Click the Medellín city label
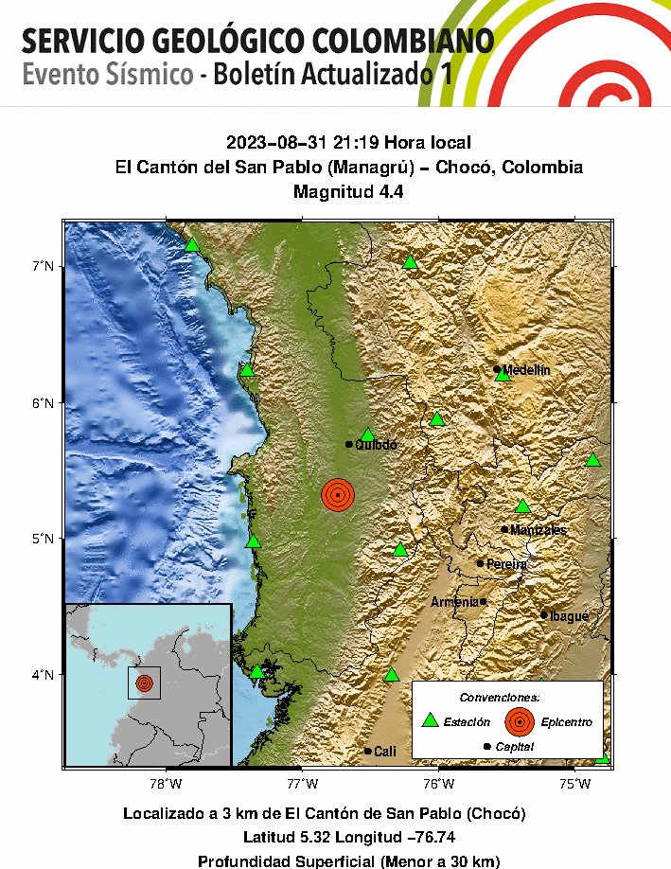click(526, 370)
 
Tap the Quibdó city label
click(376, 445)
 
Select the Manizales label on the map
click(538, 530)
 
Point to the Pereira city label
click(506, 564)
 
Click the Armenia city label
click(455, 602)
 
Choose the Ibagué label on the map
click(570, 616)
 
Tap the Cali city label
click(385, 752)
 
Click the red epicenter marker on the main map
click(338, 494)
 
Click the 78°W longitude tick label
click(166, 784)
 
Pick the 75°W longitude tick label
click(574, 784)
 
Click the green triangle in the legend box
click(431, 720)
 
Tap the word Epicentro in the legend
click(567, 722)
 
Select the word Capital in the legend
click(514, 747)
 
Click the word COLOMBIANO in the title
click(407, 42)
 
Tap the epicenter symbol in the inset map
click(144, 683)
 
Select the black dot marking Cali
click(368, 751)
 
